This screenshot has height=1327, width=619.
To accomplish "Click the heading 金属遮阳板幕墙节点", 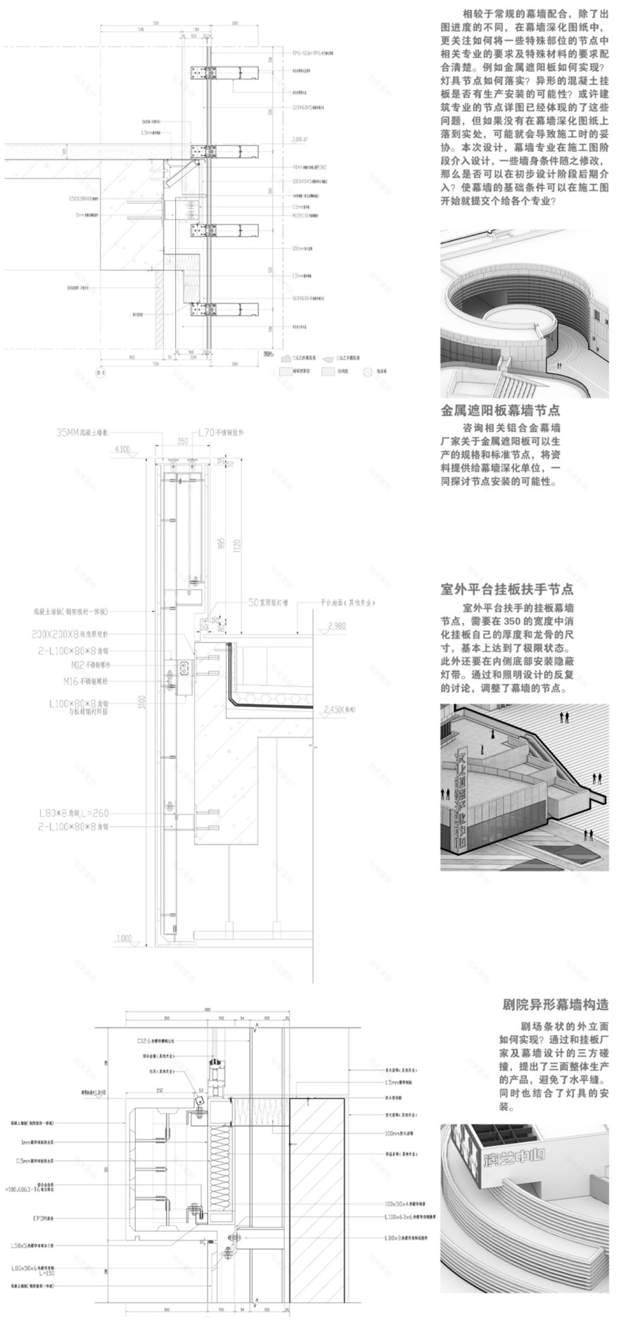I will click(500, 409).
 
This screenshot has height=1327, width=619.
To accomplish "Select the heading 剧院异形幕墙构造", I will click(556, 1004).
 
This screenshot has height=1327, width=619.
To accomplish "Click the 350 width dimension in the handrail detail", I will click(184, 441).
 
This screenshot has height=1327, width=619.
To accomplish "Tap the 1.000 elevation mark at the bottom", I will click(124, 938).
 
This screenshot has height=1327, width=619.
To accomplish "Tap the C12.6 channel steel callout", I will click(160, 1039).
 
